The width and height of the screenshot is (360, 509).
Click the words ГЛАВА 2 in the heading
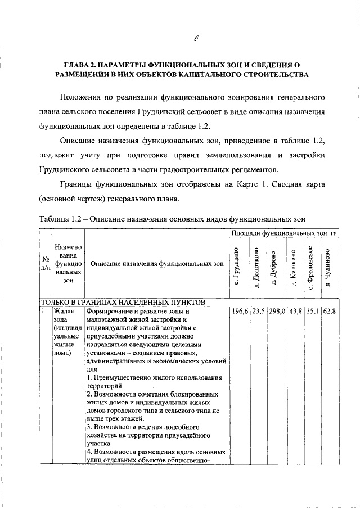[84, 64]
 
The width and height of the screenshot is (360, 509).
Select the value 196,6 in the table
[240, 310]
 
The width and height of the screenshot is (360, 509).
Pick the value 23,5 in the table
[258, 310]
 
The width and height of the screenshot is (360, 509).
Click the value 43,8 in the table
[295, 310]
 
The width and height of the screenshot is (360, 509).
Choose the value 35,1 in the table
[311, 310]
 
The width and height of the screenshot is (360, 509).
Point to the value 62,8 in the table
[328, 310]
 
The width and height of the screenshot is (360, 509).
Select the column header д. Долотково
[256, 267]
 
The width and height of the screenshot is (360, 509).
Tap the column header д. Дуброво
[274, 267]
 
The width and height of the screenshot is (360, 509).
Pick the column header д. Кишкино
[294, 267]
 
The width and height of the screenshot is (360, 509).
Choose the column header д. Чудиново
[328, 267]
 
